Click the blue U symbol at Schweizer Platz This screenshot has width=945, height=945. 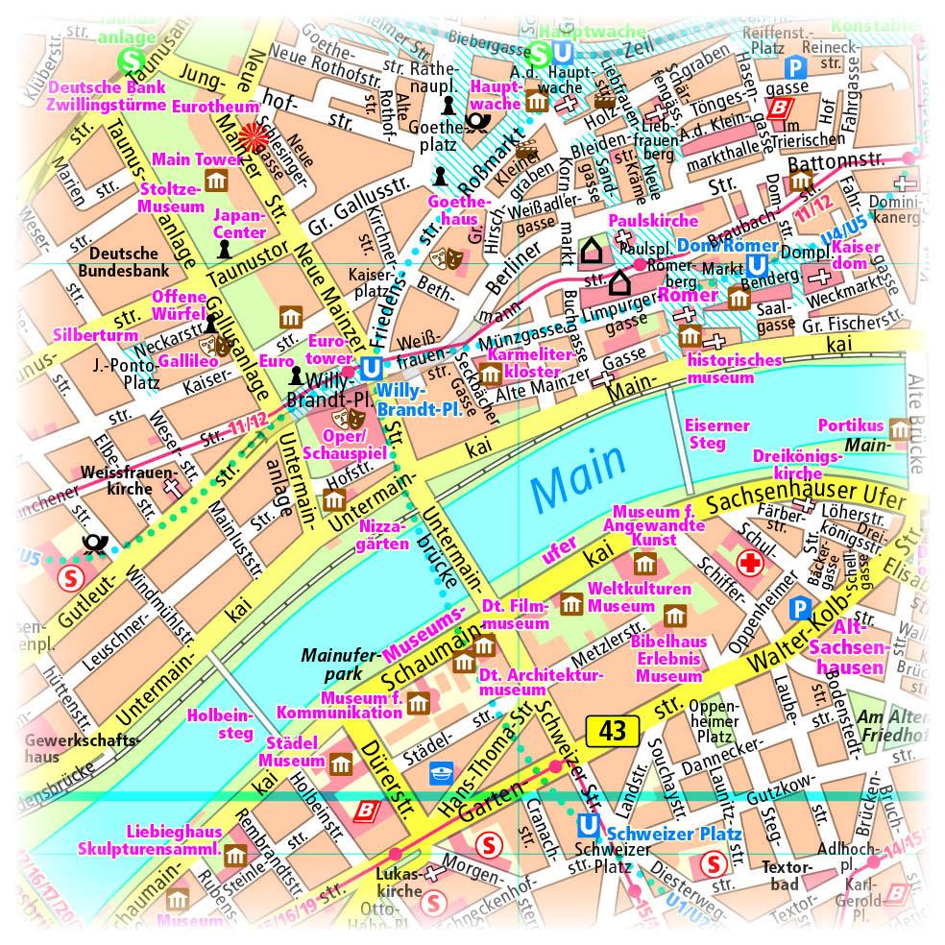point(588,825)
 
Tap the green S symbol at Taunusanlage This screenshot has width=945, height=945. point(128,61)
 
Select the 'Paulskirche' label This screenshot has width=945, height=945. point(641,220)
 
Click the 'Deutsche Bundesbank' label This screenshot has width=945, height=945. point(123,262)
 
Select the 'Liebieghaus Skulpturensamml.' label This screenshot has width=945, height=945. point(174,841)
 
